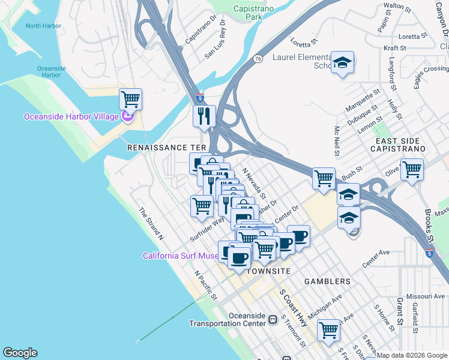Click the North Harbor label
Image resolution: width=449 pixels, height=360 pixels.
[x=43, y=26]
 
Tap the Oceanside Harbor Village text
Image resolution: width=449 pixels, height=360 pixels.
[x=71, y=116]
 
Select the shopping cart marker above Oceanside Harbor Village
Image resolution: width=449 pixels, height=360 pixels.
[x=130, y=98]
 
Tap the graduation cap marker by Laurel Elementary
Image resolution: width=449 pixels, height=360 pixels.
[x=342, y=62]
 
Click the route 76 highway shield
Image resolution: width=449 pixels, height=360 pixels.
[x=258, y=58]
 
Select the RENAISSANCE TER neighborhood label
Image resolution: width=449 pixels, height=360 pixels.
[x=166, y=147]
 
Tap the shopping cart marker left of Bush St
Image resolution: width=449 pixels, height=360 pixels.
[x=324, y=178]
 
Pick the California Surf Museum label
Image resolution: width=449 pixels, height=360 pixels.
[x=180, y=256]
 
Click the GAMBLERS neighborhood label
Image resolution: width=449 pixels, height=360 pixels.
[x=327, y=281]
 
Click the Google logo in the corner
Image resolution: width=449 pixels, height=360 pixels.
[x=20, y=353]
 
